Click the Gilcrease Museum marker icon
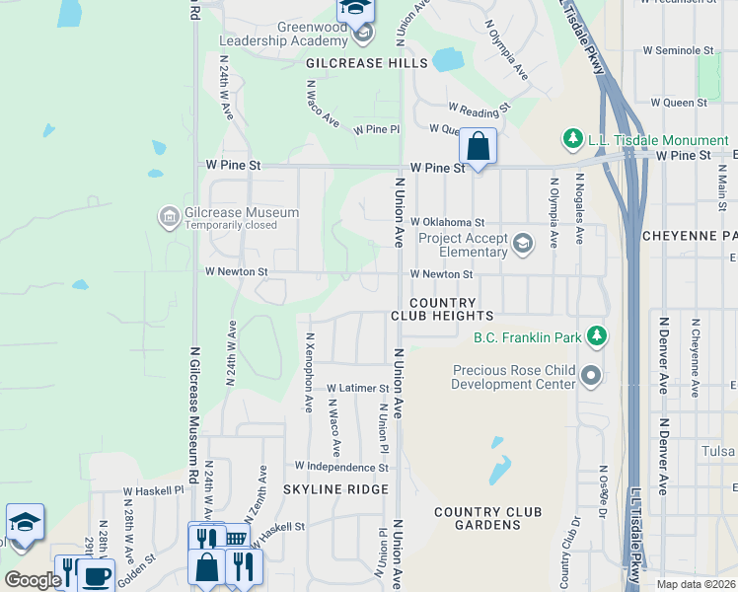pyautogui.click(x=169, y=215)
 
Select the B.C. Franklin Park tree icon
pyautogui.click(x=596, y=337)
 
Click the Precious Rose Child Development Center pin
pyautogui.click(x=591, y=375)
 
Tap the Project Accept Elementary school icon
pyautogui.click(x=522, y=242)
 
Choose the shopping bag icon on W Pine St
pyautogui.click(x=478, y=147)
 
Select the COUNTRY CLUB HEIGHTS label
pyautogui.click(x=442, y=309)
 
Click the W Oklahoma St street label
pyautogui.click(x=448, y=223)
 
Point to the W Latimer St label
pyautogui.click(x=358, y=389)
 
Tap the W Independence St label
pyautogui.click(x=341, y=466)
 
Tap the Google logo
pyautogui.click(x=33, y=580)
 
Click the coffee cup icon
pyautogui.click(x=96, y=577)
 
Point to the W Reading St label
pyautogui.click(x=479, y=107)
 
